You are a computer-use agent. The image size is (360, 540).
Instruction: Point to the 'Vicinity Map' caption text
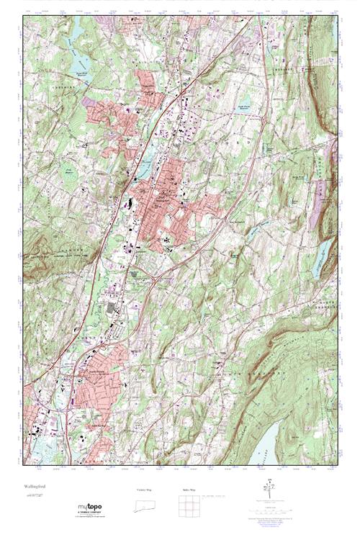pos(146,490)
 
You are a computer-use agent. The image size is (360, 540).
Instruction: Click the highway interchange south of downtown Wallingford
pos(153,274)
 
